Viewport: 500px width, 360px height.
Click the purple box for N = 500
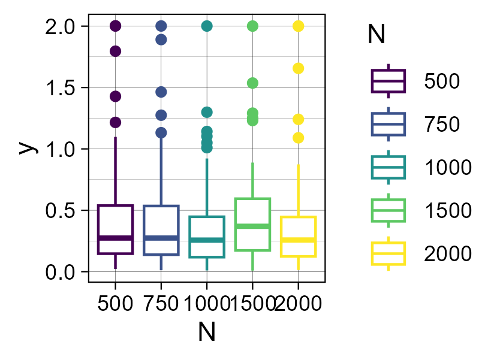coord(115,229)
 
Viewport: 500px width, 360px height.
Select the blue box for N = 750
coord(161,230)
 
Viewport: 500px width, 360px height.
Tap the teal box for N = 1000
coord(207,237)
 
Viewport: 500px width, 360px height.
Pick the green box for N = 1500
coord(252,224)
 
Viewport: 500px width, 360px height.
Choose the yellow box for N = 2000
coord(298,237)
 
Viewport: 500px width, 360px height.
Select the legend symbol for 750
coord(388,124)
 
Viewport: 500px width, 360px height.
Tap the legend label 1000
coord(448,168)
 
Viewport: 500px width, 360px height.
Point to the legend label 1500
coord(448,211)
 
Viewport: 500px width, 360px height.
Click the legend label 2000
coord(448,254)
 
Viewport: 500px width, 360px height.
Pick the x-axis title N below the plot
coord(206,332)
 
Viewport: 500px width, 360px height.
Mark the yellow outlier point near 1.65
coord(298,68)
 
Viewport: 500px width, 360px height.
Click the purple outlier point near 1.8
coord(115,51)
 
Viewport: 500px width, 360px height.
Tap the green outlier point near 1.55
coord(252,83)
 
